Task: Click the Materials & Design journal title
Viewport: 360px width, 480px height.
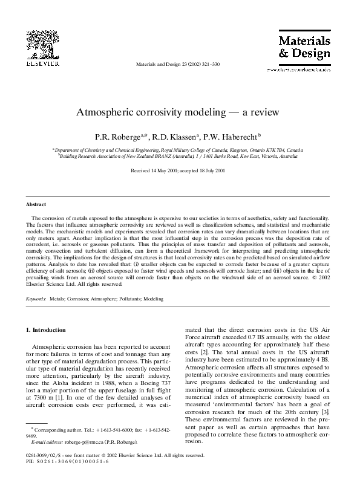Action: (x=304, y=47)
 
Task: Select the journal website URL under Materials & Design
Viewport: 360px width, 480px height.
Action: (x=304, y=70)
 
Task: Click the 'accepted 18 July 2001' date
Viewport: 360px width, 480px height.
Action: (x=203, y=171)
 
